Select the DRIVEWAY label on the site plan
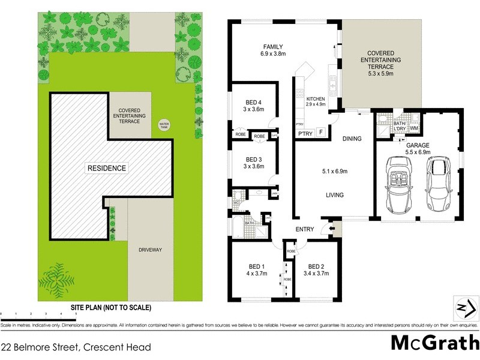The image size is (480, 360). (x=151, y=249)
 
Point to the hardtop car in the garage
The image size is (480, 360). (x=440, y=184)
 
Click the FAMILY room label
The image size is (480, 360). (x=272, y=47)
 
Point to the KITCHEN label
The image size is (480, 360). (x=316, y=98)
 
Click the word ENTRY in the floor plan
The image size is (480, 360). (x=304, y=229)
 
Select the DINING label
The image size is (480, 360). (x=352, y=139)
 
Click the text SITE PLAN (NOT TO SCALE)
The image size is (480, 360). (x=111, y=307)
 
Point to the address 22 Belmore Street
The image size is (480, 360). (x=75, y=347)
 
